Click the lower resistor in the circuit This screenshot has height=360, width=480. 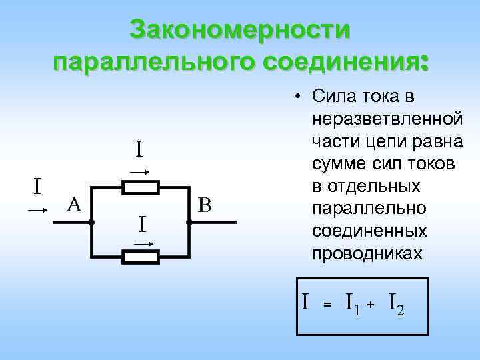click(x=141, y=255)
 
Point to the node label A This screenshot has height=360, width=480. click(x=73, y=205)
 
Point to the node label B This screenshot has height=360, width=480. click(x=205, y=205)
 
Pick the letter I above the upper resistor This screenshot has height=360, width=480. click(x=139, y=149)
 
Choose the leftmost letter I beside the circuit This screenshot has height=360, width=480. click(x=38, y=185)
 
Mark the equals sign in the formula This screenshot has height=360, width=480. click(x=327, y=305)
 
